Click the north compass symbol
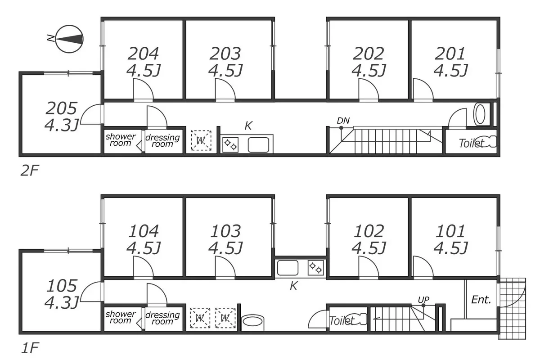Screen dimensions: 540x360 69,39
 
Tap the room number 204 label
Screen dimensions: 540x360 143,54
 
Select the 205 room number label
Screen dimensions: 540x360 61,108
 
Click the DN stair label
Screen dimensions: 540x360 343,121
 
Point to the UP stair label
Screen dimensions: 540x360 423,300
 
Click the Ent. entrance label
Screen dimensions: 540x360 481,300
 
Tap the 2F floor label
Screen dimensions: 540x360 30,171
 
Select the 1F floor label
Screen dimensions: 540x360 30,348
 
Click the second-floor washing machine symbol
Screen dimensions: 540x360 201,140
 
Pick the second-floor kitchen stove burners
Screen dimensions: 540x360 230,145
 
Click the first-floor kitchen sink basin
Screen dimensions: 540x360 288,268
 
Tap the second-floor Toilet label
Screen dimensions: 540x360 471,143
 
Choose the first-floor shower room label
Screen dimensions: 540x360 121,317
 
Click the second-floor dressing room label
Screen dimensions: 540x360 162,140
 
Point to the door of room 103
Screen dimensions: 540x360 225,267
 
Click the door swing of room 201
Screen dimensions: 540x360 423,89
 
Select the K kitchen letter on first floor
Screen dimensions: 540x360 293,286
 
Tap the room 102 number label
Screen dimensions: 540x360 369,231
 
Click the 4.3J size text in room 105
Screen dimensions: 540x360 62,302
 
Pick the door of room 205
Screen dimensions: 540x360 91,114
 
